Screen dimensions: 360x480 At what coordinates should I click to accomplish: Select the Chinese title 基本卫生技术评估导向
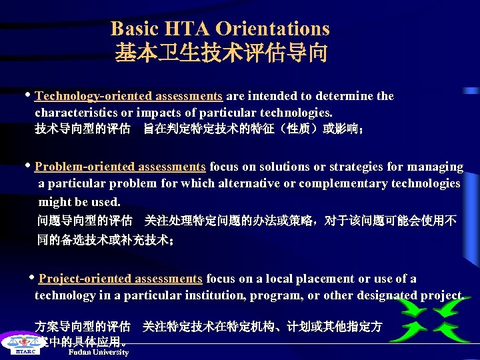pyautogui.click(x=221, y=53)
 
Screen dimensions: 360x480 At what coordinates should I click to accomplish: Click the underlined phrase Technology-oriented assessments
pyautogui.click(x=129, y=96)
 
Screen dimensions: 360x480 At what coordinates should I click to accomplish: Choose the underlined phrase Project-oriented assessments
pyautogui.click(x=121, y=279)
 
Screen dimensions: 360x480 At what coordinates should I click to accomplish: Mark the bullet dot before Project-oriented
pyautogui.click(x=32, y=277)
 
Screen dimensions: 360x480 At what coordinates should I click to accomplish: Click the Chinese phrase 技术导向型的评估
pyautogui.click(x=83, y=129)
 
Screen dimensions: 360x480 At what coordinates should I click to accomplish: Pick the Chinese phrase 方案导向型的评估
pyautogui.click(x=83, y=327)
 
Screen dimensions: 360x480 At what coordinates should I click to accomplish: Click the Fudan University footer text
pyautogui.click(x=99, y=352)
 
